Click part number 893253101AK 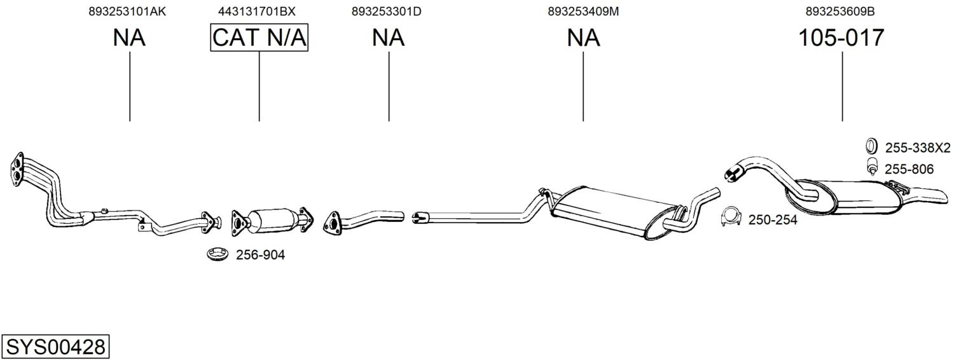coord(127,11)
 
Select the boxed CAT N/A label coord(259,38)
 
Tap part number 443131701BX coord(257,11)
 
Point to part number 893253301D coord(386,11)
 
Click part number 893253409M coord(583,11)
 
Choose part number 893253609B coord(839,11)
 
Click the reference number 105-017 coord(841,38)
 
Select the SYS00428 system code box coord(55,347)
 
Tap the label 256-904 coord(260,255)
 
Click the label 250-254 coord(773,220)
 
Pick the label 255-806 coord(909,169)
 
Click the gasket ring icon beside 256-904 coord(218,254)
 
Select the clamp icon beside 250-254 coord(731,218)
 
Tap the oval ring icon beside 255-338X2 coord(871,146)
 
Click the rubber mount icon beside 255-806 coord(872,167)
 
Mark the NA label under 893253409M coord(583,38)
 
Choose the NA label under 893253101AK coord(129,38)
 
